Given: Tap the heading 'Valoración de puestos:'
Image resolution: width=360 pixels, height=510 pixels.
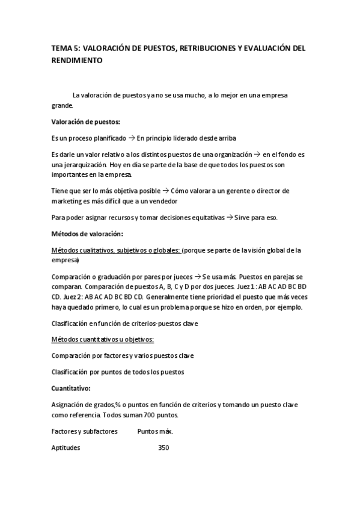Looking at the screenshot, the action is pyautogui.click(x=86, y=121).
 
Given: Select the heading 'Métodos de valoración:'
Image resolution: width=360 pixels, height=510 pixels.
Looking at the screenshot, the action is pyautogui.click(x=87, y=233).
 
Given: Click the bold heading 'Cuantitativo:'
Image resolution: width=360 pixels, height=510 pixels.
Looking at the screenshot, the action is pyautogui.click(x=72, y=388).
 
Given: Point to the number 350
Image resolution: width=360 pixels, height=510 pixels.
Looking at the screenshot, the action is pyautogui.click(x=163, y=448).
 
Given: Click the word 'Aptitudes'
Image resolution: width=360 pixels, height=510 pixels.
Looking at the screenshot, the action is pyautogui.click(x=66, y=448).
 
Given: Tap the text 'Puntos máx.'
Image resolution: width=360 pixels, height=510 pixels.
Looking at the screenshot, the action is pyautogui.click(x=155, y=431).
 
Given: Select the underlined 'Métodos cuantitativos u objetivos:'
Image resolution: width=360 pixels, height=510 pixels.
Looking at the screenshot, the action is pyautogui.click(x=102, y=339).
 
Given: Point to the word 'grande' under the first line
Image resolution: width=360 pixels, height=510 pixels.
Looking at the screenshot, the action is pyautogui.click(x=62, y=105).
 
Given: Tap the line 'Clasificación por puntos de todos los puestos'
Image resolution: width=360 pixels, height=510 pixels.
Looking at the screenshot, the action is pyautogui.click(x=118, y=372).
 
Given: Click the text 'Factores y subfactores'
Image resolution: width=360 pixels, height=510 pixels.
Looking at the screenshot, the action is pyautogui.click(x=85, y=431).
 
